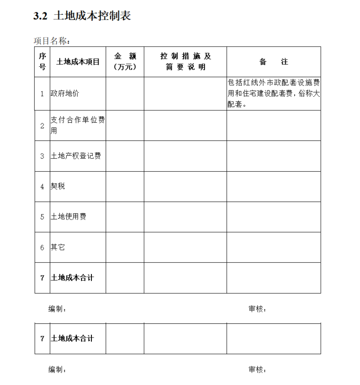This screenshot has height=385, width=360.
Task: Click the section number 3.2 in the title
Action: coord(40,16)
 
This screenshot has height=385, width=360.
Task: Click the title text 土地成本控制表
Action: coord(92,16)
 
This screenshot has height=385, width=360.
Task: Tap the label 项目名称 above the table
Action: coord(52,41)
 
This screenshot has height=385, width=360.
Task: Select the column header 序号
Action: coord(42,62)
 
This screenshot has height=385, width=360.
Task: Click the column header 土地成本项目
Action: coord(78,62)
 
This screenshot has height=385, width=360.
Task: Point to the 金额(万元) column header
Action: coord(125,62)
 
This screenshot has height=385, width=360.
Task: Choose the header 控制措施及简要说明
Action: coord(185,62)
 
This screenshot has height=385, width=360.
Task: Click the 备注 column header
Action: coord(273,62)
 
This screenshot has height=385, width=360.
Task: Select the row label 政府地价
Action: coord(65,93)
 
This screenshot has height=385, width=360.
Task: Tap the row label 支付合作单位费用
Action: coord(78,126)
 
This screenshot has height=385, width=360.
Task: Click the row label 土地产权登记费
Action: coord(76,156)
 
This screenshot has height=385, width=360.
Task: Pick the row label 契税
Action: coord(58,186)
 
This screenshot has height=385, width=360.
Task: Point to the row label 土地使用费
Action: coord(69,217)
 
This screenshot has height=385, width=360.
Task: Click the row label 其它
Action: coord(58,247)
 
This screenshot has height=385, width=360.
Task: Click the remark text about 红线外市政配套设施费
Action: coord(273,93)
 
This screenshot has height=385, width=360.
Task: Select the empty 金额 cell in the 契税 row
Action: coord(125,186)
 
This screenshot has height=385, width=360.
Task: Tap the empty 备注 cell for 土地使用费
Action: coord(273,217)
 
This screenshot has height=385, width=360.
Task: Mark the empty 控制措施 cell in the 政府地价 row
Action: coord(185,93)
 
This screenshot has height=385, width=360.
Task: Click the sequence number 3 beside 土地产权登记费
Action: coord(42,156)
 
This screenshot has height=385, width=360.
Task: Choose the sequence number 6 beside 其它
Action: coord(42,247)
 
